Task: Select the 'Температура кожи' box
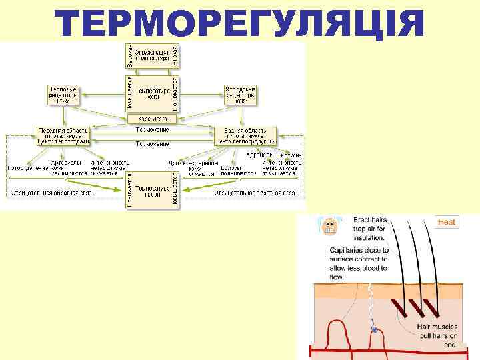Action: (x=153, y=93)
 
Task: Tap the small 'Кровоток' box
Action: (x=152, y=119)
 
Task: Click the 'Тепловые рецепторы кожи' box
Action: (x=65, y=94)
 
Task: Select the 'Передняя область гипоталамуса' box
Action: (x=63, y=135)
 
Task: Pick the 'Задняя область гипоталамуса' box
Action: (x=241, y=135)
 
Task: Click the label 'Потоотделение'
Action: (x=27, y=167)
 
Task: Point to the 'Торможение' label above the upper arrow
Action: (x=152, y=129)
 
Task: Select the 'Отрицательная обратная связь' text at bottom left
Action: (x=51, y=193)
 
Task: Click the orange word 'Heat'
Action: (x=446, y=222)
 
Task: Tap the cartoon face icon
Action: (x=329, y=227)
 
